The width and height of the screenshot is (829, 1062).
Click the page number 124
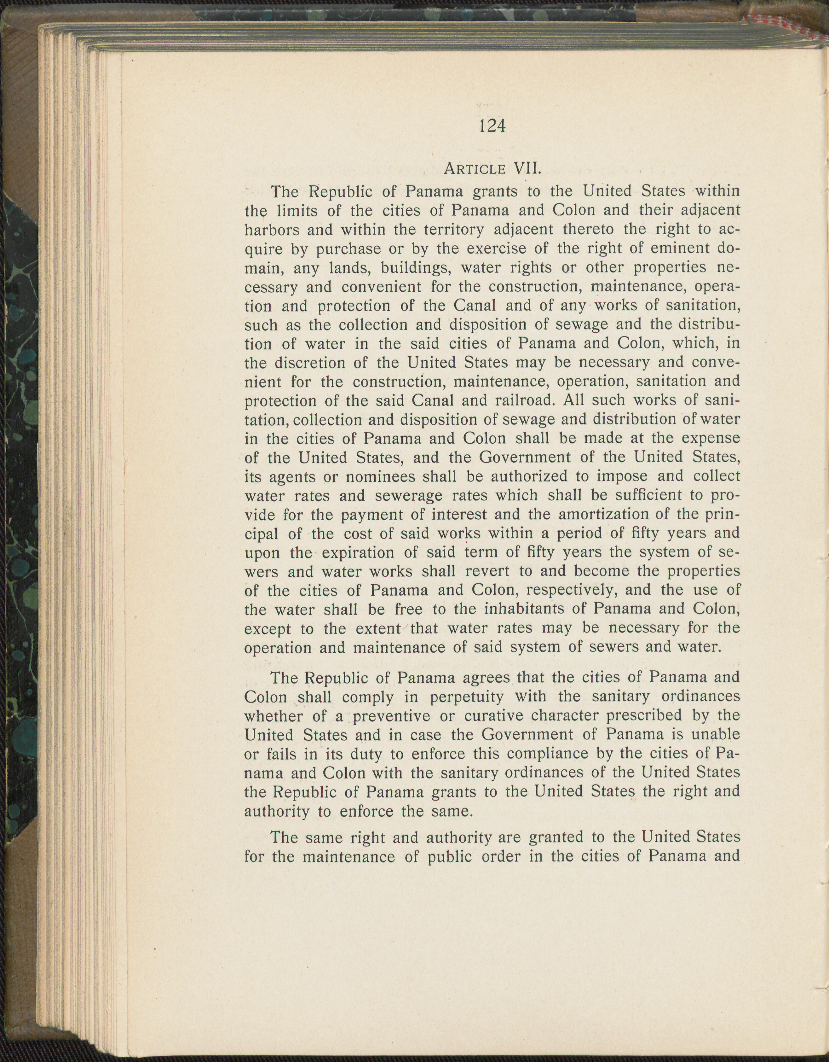click(x=492, y=126)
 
